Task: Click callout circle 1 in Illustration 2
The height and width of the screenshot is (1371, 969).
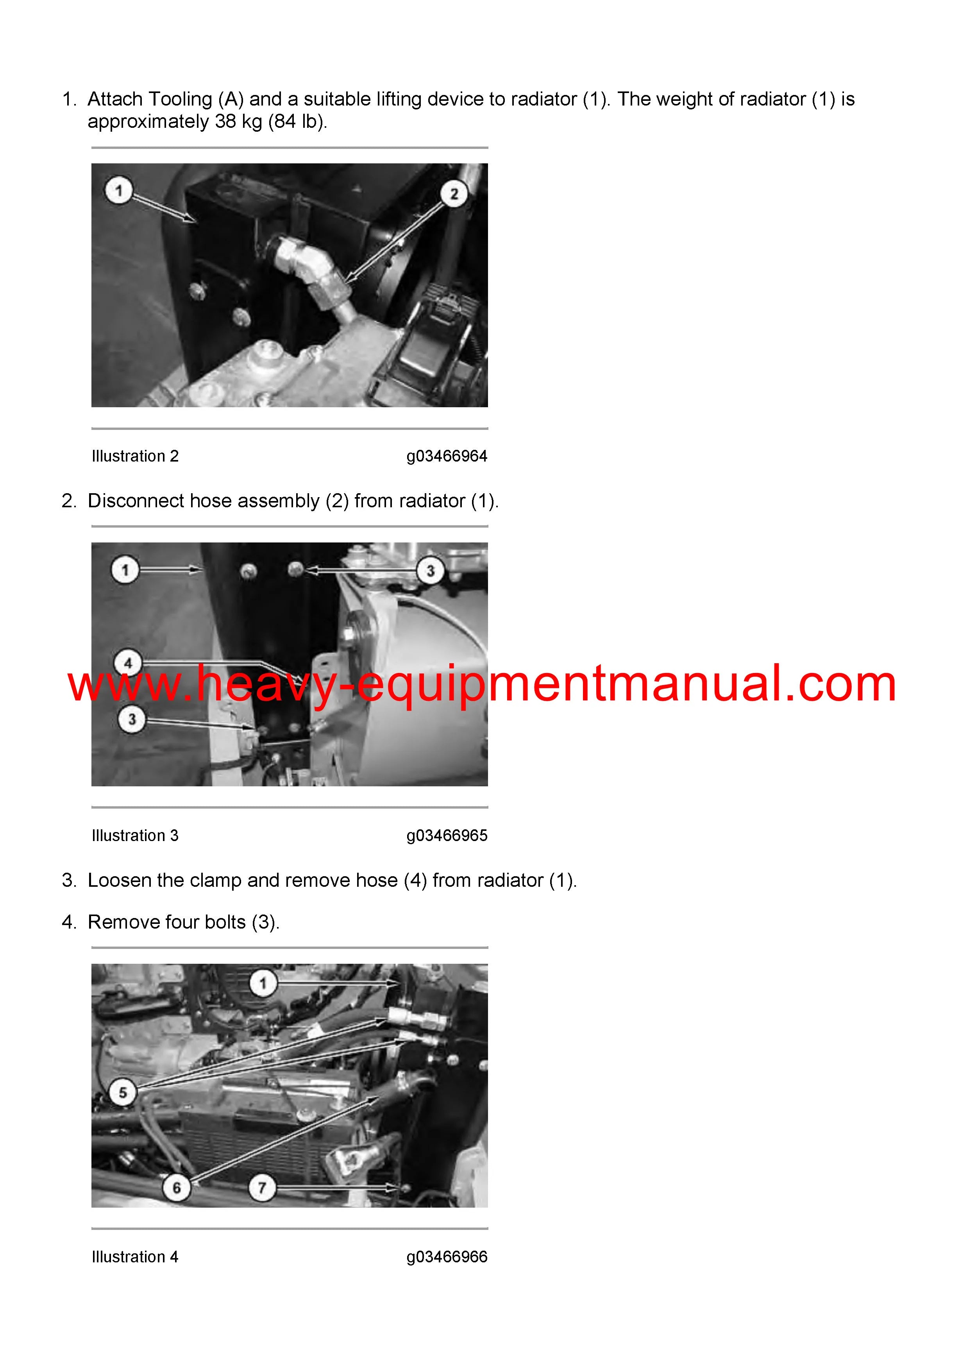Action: (118, 190)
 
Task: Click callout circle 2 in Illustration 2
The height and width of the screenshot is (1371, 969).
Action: (454, 193)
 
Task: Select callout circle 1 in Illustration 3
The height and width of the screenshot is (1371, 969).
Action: (125, 570)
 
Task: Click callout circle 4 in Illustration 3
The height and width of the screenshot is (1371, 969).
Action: (128, 663)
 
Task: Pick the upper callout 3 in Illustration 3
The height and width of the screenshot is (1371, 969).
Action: (430, 570)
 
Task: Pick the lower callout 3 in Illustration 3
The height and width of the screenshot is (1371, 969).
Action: (132, 719)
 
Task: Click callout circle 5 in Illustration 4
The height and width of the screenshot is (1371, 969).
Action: (123, 1092)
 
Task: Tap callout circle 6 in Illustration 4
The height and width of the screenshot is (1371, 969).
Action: (177, 1187)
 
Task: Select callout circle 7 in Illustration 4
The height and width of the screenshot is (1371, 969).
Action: (261, 1187)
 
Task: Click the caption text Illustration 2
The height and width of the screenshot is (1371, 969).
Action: (135, 456)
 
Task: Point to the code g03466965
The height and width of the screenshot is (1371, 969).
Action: (447, 835)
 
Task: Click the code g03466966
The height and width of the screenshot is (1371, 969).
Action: (447, 1256)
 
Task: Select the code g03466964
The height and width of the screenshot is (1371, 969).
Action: (447, 456)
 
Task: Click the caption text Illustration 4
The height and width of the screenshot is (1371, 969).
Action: (135, 1256)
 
